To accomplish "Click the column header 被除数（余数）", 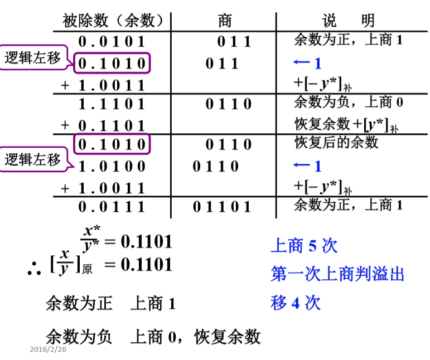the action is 113,21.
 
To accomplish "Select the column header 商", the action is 225,21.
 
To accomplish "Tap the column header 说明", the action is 348,20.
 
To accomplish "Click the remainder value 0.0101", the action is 112,42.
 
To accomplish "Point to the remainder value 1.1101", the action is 112,104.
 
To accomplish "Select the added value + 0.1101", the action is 103,125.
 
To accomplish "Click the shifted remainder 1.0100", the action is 112,166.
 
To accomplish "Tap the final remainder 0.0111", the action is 112,207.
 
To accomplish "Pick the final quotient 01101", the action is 222,207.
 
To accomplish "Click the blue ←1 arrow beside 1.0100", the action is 307,166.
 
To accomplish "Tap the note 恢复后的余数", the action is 336,143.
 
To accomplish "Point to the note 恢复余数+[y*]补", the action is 346,125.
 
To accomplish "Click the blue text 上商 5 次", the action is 304,245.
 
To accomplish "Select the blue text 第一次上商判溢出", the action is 337,274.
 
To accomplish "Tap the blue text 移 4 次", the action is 296,303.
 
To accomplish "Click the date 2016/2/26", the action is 48,349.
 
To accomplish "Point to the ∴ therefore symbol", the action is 34,269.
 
